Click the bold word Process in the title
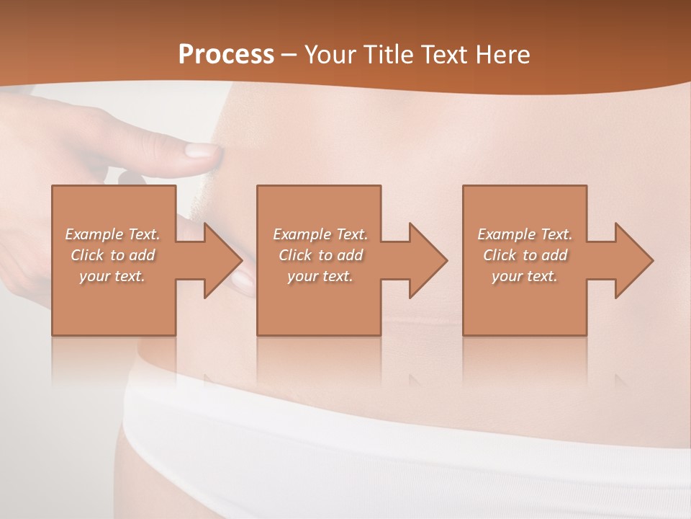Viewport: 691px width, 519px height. [x=226, y=54]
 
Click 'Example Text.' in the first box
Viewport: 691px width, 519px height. [x=112, y=234]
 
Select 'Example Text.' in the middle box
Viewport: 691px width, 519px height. [x=320, y=234]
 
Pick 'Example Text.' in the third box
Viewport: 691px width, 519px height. [x=525, y=234]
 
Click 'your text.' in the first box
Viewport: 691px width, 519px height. [x=112, y=276]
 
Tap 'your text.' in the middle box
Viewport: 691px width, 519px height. [x=320, y=276]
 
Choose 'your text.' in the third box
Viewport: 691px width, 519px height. [x=525, y=276]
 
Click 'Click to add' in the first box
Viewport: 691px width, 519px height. [x=112, y=255]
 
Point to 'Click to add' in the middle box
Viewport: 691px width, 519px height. [x=320, y=255]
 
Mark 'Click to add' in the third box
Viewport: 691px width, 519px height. [x=525, y=255]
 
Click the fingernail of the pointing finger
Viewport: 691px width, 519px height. [x=201, y=150]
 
